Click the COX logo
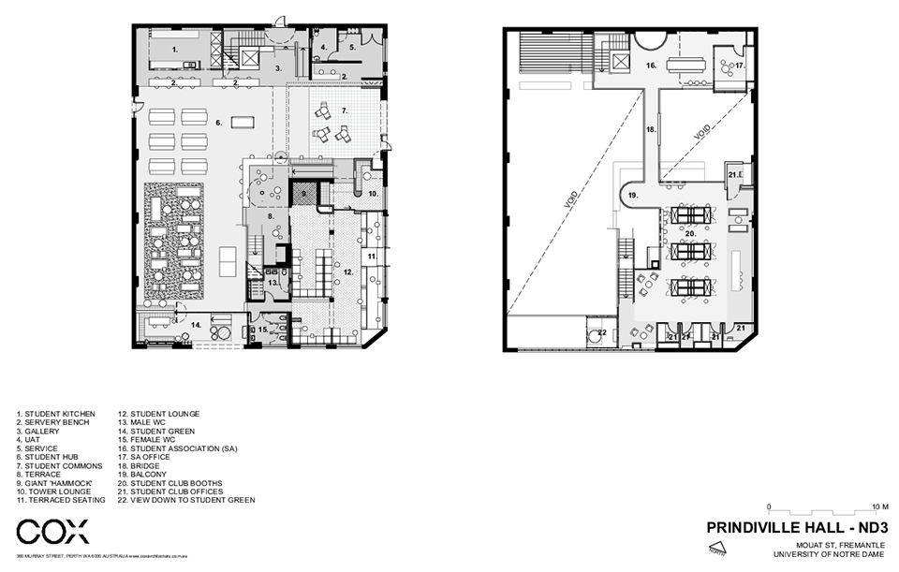tap(53, 533)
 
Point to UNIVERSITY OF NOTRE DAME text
tap(831, 553)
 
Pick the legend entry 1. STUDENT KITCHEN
tap(55, 413)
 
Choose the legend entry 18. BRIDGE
tap(144, 464)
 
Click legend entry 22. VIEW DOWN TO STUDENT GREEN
tap(185, 500)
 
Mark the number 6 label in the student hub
tap(218, 122)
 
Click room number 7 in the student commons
tap(344, 110)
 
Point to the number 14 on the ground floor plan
tap(196, 324)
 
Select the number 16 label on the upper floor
tap(650, 65)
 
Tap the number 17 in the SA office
tap(739, 66)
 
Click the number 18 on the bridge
tap(651, 131)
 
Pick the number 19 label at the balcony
tap(634, 195)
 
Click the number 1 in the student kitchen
tap(174, 47)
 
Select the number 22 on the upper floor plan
tap(602, 332)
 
